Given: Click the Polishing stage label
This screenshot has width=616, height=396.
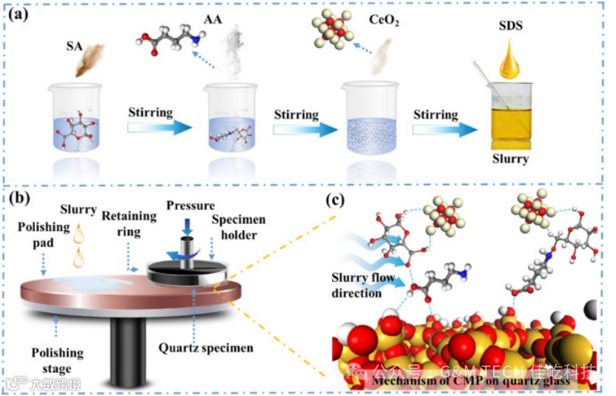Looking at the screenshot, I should (x=57, y=361).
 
